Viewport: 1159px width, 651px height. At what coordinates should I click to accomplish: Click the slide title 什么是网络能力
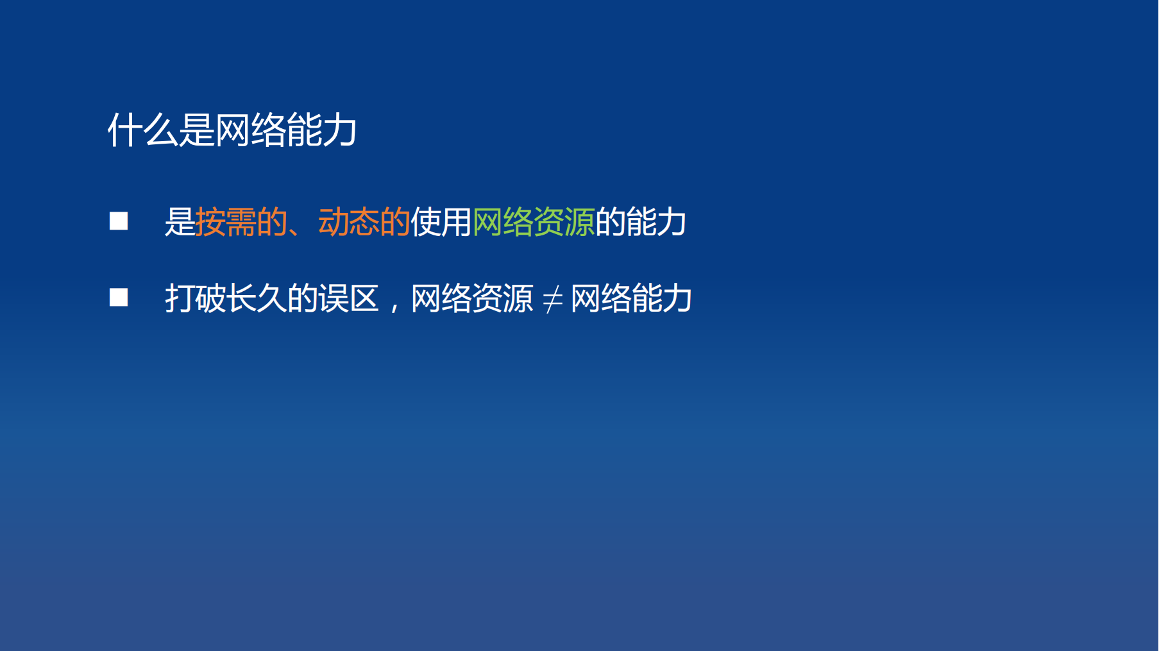point(232,130)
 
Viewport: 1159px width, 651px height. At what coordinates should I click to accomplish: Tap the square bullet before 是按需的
point(119,221)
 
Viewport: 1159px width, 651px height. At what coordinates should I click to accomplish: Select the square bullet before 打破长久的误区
point(119,298)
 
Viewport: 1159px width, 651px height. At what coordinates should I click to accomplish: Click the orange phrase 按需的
point(241,222)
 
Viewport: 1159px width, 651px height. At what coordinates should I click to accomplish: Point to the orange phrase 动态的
point(364,222)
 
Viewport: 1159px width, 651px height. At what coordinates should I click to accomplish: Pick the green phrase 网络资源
point(534,222)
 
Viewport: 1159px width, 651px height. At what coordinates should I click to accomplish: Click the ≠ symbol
point(552,300)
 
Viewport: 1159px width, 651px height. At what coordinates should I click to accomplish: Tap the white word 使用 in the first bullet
point(441,222)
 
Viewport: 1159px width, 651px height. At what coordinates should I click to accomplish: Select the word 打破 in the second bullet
point(196,298)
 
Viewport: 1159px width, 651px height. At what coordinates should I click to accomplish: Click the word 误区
point(349,298)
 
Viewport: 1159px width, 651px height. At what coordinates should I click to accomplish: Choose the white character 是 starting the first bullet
point(180,222)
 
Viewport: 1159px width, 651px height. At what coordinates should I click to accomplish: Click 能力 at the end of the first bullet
point(656,222)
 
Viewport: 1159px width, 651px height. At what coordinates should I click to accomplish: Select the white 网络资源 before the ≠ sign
point(472,298)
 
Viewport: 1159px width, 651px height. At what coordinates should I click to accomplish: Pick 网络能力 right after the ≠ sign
point(631,298)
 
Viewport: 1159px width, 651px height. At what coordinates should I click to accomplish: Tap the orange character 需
point(241,222)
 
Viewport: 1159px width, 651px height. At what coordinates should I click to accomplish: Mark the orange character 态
point(364,222)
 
